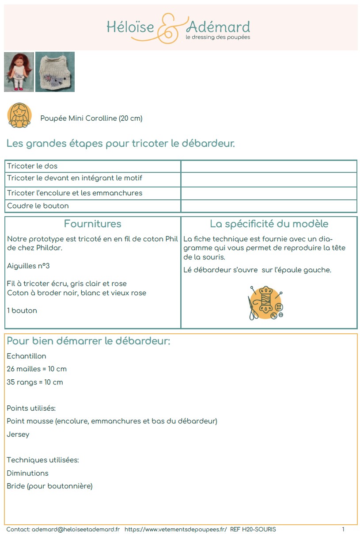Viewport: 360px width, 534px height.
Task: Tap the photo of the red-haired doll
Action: pos(19,72)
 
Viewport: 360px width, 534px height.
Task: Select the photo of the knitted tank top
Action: pos(55,72)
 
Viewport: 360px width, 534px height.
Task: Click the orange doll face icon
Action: pos(19,115)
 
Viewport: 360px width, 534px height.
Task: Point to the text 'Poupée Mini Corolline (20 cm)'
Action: pos(91,118)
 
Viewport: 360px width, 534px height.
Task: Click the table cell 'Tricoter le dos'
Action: pos(32,166)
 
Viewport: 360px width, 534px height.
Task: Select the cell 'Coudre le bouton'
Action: pos(38,206)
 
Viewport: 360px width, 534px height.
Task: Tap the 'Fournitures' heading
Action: pos(92,224)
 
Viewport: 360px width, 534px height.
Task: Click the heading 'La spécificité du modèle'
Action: pos(269,224)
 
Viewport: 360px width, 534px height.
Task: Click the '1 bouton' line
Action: pos(22,311)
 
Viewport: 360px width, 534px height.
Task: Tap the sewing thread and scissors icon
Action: pos(265,303)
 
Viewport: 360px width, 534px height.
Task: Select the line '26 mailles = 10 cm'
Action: pos(37,369)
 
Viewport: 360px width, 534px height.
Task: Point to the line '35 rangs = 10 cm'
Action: pos(35,382)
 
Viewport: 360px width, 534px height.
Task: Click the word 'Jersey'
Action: pos(18,435)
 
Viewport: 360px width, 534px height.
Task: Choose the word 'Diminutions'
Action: pos(27,473)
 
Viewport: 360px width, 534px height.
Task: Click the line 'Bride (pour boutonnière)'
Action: pos(49,486)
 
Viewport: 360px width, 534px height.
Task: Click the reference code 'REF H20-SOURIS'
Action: pos(253,529)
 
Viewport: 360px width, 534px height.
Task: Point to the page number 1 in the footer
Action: pos(343,529)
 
